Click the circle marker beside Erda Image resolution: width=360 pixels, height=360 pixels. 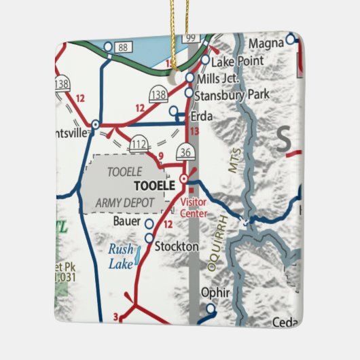click(173, 110)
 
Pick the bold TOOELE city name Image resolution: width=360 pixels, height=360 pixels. click(155, 185)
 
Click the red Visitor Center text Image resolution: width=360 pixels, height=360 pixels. click(193, 207)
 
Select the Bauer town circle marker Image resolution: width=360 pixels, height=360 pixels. click(149, 223)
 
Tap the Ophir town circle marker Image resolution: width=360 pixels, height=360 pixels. click(211, 308)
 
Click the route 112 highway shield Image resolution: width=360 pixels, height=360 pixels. click(139, 143)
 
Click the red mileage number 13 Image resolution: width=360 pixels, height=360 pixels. click(194, 130)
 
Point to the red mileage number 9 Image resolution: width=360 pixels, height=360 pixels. click(161, 158)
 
